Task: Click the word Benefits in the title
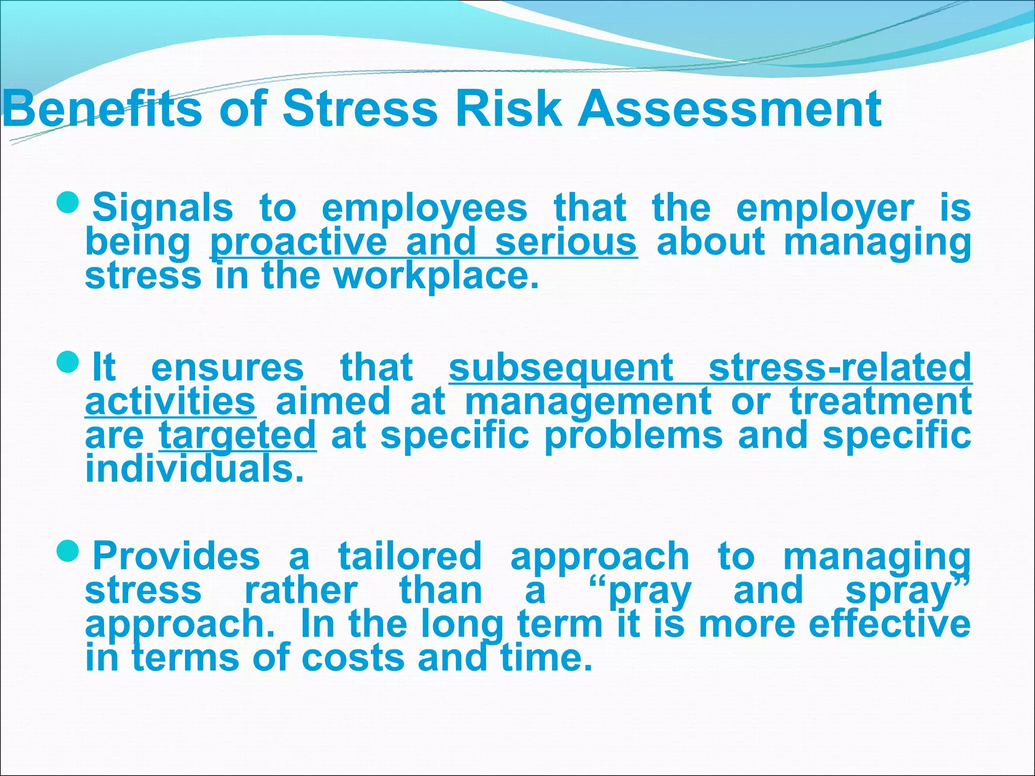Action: tap(101, 109)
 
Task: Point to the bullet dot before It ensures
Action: tap(67, 361)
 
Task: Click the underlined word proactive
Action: tap(298, 243)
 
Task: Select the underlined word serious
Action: tap(566, 243)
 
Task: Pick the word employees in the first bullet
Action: tap(425, 208)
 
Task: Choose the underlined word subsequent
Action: tap(561, 368)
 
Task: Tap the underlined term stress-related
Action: tap(839, 368)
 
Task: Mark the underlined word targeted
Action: tap(238, 435)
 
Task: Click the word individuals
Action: tap(195, 469)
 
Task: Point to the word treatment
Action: tap(880, 401)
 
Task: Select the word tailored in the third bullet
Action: tap(410, 556)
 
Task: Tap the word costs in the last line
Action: tap(354, 658)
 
